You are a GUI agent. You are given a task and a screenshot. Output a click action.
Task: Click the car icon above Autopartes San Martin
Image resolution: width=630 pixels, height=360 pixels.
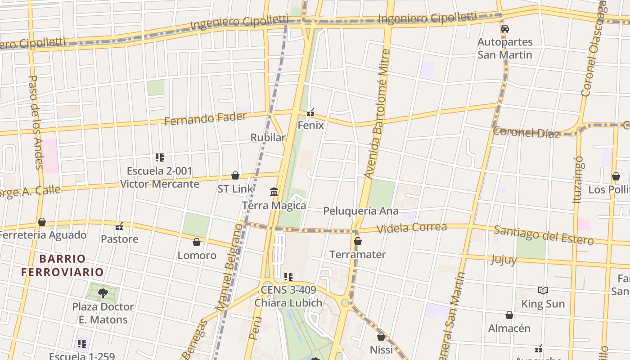[505, 29]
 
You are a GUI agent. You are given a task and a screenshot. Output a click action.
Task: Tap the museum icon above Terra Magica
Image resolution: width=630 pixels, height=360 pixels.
[274, 193]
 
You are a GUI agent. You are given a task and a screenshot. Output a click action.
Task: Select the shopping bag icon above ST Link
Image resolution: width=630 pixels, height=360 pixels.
[235, 175]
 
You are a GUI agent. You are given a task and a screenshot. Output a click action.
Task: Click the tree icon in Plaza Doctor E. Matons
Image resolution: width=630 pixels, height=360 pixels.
[103, 293]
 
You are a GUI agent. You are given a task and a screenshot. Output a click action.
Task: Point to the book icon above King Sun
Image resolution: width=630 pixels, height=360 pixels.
[543, 291]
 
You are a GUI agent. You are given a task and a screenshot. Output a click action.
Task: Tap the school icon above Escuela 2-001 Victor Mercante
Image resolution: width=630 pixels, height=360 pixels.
[160, 157]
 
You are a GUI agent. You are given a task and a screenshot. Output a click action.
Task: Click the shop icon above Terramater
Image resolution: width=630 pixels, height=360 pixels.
[358, 242]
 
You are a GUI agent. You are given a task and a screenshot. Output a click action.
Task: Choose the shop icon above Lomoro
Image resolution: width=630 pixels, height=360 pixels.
[197, 243]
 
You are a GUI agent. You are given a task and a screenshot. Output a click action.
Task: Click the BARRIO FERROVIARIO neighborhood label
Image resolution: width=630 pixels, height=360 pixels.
[63, 265]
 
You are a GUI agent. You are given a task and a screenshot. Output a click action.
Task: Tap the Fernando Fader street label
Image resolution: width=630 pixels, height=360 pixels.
[205, 119]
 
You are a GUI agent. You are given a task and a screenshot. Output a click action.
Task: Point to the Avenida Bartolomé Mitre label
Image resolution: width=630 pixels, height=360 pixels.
[377, 115]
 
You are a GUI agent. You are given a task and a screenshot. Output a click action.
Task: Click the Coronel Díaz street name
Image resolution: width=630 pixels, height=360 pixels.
[526, 132]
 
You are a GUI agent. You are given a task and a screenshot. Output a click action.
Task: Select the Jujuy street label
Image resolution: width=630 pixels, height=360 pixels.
[504, 260]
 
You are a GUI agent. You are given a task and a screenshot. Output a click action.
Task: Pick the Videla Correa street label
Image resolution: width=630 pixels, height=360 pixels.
[411, 228]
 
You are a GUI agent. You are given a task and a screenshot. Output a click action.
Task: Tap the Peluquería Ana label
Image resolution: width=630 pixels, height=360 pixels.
[360, 211]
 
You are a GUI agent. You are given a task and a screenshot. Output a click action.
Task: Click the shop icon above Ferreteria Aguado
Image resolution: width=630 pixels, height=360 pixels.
[42, 222]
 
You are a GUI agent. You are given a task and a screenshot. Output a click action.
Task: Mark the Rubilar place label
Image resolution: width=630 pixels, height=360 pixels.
[268, 137]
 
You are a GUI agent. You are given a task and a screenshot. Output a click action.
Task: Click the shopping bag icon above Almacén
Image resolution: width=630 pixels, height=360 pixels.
[509, 315]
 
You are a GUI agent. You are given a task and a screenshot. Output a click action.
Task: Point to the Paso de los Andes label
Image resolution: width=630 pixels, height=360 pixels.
[35, 121]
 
